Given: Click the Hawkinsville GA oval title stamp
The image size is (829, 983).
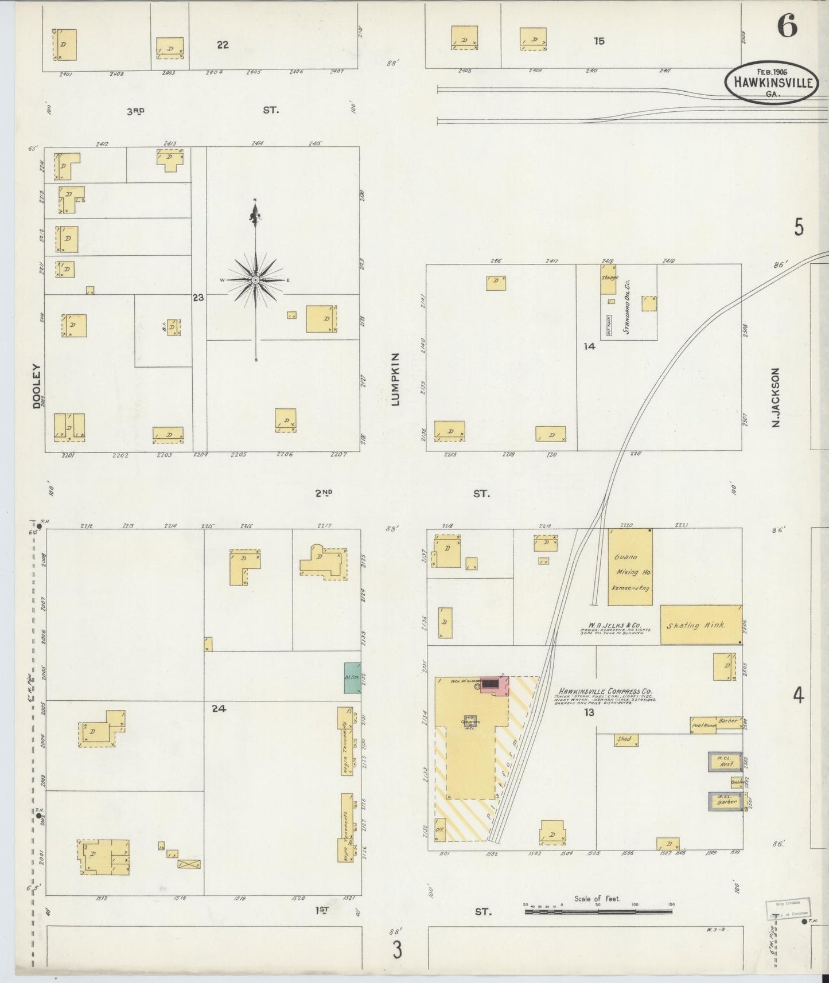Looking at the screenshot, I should [x=770, y=82].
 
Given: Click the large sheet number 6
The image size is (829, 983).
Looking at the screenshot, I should [x=787, y=26].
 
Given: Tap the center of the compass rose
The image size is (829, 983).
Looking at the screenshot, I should [x=255, y=279].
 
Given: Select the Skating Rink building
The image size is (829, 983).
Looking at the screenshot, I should [x=700, y=625].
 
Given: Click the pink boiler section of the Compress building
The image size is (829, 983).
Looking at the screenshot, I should [x=495, y=685].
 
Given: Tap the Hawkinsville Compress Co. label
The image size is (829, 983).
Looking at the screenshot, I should [x=600, y=692].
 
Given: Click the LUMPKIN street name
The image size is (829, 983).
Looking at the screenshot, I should [x=395, y=380].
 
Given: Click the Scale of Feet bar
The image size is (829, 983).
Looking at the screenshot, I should [x=599, y=911].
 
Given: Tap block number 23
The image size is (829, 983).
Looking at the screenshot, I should [x=198, y=298].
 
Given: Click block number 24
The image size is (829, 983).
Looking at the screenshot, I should [x=219, y=708].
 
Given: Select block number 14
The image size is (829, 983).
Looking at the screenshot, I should [x=589, y=346].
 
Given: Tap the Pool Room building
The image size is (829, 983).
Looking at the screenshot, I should [x=702, y=725].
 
